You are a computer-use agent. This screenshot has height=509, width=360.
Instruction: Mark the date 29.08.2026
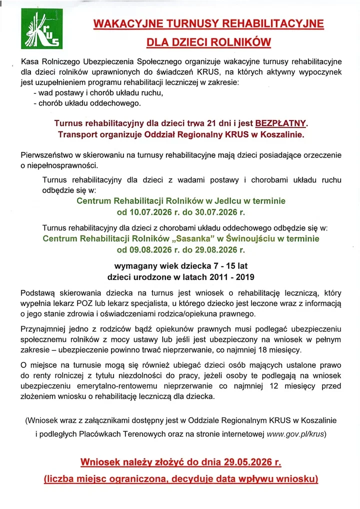pos(213,249)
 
